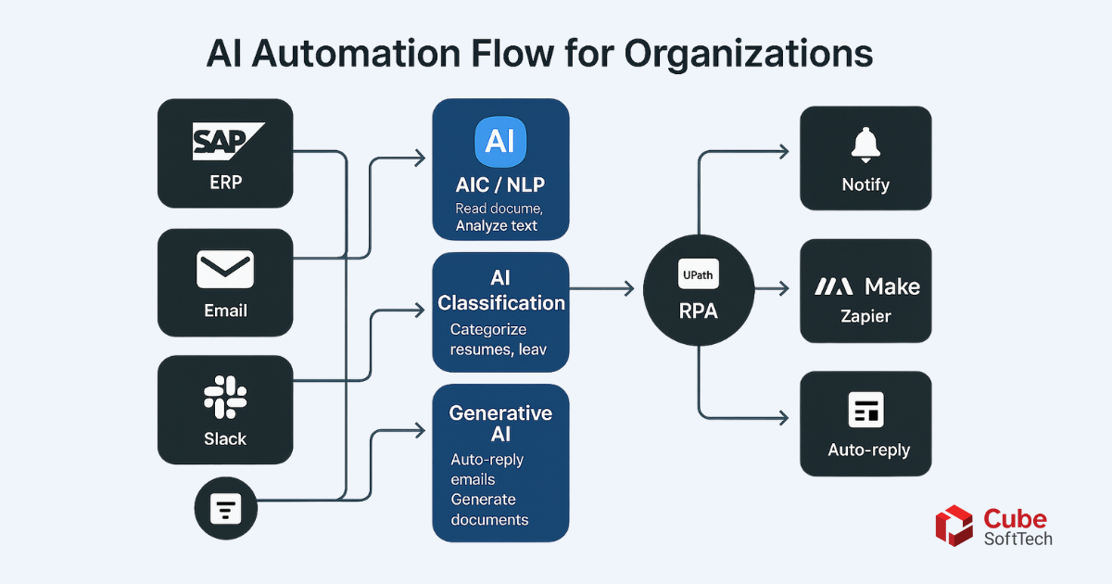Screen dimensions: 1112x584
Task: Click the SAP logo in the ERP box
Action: coord(228,141)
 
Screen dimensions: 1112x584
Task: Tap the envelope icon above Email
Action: coord(225,269)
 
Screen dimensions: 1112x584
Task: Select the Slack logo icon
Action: coord(225,398)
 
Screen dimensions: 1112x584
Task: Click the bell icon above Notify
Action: coord(866,145)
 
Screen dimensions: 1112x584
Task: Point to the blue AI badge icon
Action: coord(500,142)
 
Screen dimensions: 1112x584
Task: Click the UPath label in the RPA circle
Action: coord(698,274)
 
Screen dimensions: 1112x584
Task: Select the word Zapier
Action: coord(866,316)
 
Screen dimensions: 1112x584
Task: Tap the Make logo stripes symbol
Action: coord(833,286)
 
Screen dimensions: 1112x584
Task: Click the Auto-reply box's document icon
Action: coord(866,410)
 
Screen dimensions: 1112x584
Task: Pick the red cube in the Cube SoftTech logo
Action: coord(954,526)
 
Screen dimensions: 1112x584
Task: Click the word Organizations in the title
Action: coord(748,54)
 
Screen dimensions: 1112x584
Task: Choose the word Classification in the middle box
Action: coord(501,303)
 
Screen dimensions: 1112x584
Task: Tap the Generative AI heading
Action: coord(500,423)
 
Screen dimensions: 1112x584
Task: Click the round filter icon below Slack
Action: coord(226,508)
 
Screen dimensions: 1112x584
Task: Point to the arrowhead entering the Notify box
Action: coord(784,151)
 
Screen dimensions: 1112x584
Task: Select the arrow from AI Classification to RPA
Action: coord(601,288)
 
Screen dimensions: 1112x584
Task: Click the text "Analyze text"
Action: coord(497,226)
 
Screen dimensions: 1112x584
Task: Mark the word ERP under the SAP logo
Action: coord(225,183)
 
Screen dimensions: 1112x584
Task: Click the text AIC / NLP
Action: coord(500,184)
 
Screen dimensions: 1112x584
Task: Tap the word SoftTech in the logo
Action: coord(1018,539)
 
